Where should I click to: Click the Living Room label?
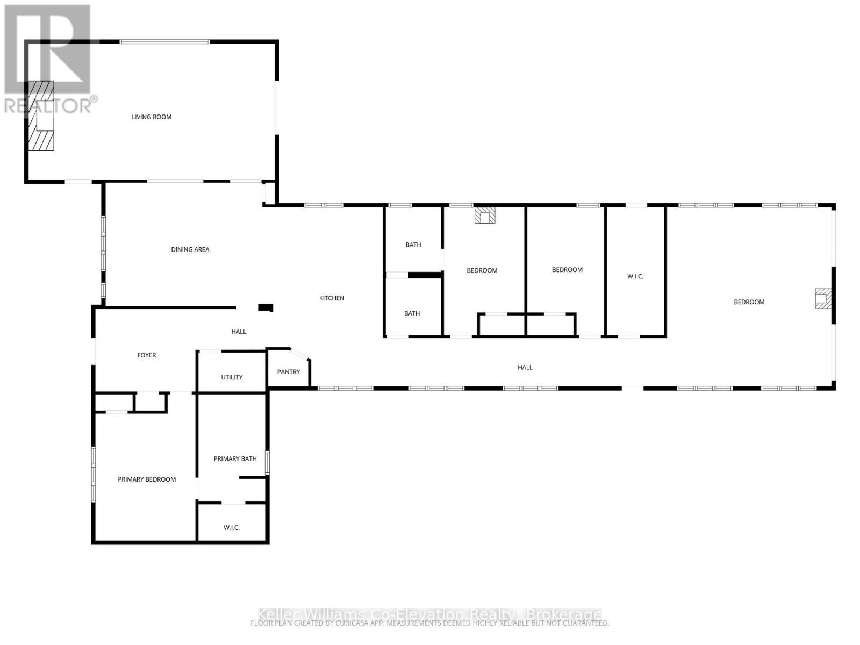[152, 117]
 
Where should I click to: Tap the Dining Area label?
[190, 249]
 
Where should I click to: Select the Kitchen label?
[332, 298]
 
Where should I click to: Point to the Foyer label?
[146, 355]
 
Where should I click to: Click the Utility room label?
[232, 377]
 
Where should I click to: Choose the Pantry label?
[288, 372]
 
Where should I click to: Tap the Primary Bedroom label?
[147, 479]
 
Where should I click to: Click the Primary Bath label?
[235, 458]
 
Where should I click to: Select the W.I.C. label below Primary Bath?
[232, 528]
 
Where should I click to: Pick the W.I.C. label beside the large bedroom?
[635, 276]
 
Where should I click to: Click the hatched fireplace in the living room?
[41, 116]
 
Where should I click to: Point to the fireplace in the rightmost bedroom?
[822, 299]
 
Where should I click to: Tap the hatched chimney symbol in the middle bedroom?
[485, 216]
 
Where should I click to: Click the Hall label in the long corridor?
[525, 368]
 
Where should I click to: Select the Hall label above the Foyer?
[239, 332]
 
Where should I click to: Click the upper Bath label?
[413, 245]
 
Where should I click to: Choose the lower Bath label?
[412, 313]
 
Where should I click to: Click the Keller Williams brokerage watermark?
[429, 614]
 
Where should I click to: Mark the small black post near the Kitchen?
[266, 307]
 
